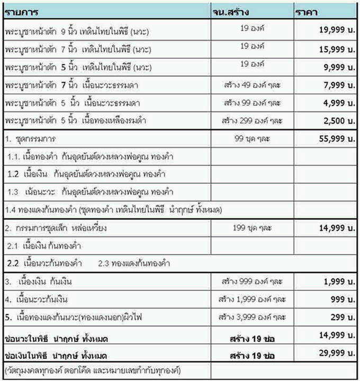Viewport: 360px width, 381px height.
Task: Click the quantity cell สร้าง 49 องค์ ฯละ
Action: click(252, 85)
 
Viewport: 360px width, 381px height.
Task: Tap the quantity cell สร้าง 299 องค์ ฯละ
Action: click(252, 120)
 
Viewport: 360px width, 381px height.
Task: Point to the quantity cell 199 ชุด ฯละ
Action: click(252, 228)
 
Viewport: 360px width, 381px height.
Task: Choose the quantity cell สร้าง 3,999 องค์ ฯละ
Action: click(252, 317)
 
